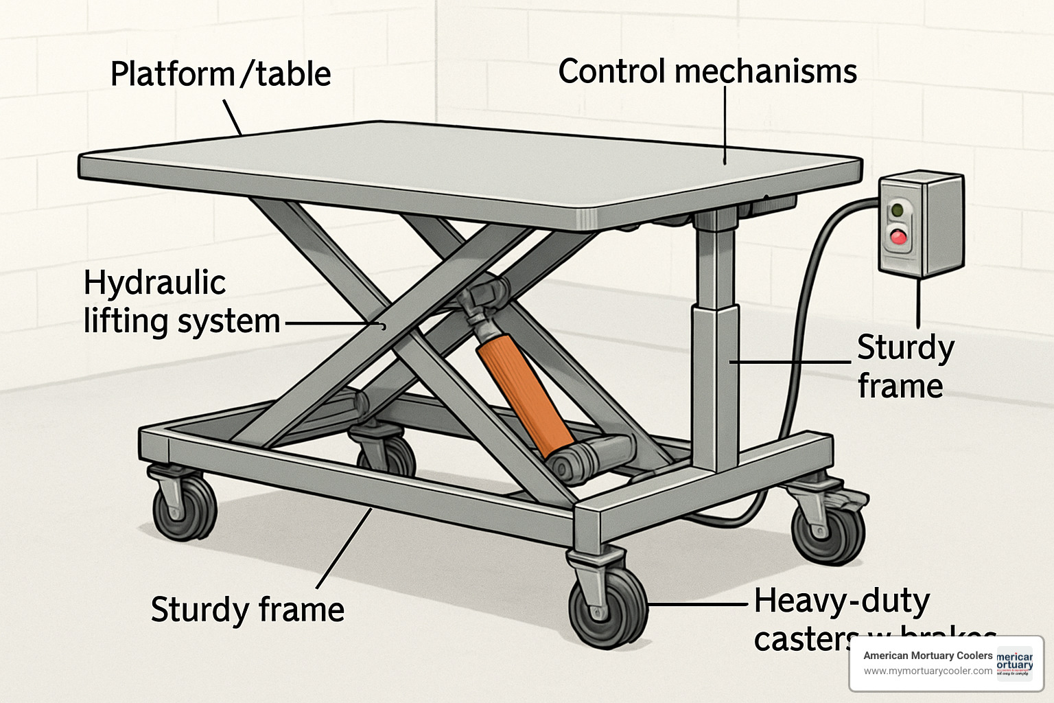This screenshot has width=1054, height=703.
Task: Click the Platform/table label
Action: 220,73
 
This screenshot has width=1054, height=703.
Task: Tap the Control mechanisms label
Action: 707,71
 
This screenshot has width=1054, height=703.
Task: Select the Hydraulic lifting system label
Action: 181,301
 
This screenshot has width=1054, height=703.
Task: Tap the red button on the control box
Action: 898,238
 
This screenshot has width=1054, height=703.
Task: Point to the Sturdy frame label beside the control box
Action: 905,367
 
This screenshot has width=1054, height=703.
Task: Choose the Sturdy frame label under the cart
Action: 247,609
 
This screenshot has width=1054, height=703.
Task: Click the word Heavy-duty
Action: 842,601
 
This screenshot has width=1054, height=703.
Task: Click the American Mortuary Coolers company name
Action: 927,656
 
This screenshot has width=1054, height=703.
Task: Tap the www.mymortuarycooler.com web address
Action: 927,671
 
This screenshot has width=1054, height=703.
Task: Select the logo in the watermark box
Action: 1019,663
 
